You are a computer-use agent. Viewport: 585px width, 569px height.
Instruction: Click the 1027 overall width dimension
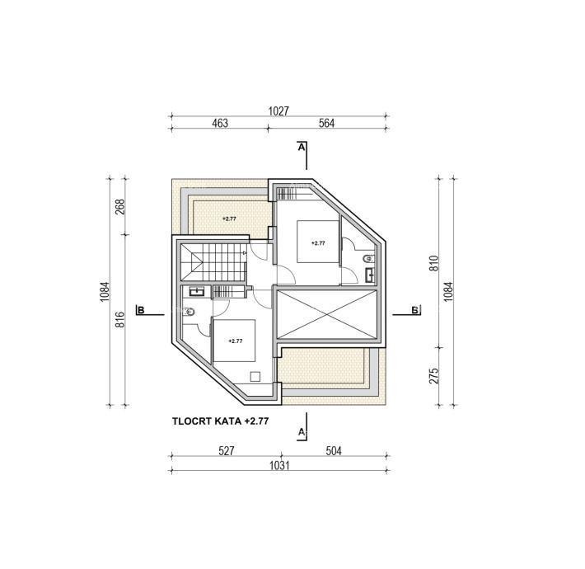pos(278,111)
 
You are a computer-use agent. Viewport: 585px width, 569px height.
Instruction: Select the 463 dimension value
pos(220,123)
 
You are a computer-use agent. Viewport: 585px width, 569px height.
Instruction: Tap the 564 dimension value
pos(327,123)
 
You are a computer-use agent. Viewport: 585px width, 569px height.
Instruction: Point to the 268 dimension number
pos(119,206)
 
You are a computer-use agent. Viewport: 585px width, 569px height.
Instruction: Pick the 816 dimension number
pos(119,320)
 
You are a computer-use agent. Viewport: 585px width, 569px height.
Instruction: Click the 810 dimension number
pos(433,263)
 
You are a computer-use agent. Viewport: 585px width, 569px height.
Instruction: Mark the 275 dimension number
pos(433,375)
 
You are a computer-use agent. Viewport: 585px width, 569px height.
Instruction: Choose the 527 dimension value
pos(227,451)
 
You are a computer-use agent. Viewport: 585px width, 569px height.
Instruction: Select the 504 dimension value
pos(334,451)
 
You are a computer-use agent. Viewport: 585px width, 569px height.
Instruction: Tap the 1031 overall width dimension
pos(279,465)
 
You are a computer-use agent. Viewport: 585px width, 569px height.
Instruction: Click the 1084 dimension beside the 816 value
pos(105,292)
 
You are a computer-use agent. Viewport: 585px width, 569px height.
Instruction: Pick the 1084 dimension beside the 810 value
pos(448,292)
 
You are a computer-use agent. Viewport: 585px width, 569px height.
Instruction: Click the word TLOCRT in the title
pos(192,421)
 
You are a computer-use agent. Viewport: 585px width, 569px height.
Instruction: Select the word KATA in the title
pos(228,421)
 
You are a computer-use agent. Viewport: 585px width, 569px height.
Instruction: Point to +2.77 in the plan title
pos(256,421)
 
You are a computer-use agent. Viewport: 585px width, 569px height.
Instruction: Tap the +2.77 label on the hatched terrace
pos(229,219)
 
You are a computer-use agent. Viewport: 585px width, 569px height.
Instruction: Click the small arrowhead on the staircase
pos(244,253)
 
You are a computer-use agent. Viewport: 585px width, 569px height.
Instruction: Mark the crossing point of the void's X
pos(326,314)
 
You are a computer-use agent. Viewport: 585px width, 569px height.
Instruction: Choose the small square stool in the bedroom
pos(255,376)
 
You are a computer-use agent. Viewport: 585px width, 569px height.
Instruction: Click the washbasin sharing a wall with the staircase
pos(197,291)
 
